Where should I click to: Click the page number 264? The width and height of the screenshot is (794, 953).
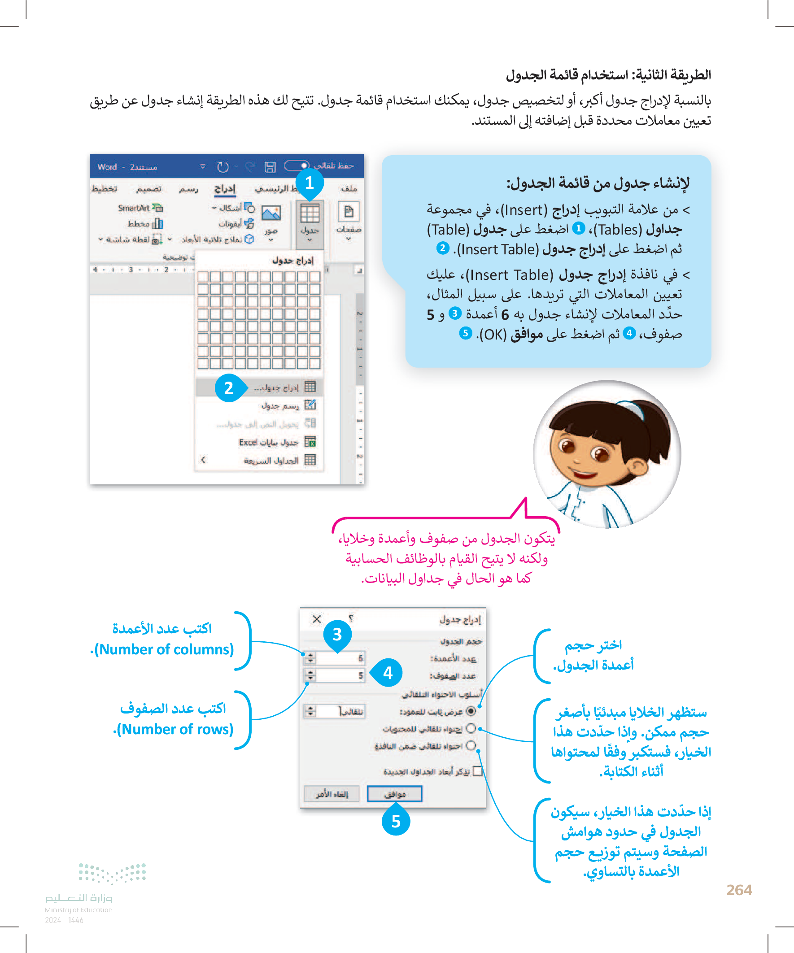pyautogui.click(x=739, y=890)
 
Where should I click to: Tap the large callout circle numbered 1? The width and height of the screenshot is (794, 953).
pyautogui.click(x=310, y=183)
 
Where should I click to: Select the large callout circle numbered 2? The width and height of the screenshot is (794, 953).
pyautogui.click(x=229, y=388)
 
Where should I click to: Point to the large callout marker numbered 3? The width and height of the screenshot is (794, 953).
pyautogui.click(x=337, y=635)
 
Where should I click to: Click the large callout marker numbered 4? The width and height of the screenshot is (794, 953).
pyautogui.click(x=388, y=673)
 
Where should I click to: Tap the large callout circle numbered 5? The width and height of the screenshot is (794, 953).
pyautogui.click(x=396, y=821)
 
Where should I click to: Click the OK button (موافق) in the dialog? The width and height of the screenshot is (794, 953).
pyautogui.click(x=394, y=794)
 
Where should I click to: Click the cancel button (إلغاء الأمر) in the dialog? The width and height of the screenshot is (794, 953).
pyautogui.click(x=332, y=794)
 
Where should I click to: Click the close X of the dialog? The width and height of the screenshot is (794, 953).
pyautogui.click(x=317, y=619)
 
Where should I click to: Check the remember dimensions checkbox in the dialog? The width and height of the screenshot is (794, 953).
pyautogui.click(x=477, y=771)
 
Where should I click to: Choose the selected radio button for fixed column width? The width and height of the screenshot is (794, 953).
pyautogui.click(x=471, y=711)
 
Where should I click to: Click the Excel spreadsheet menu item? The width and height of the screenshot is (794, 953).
pyautogui.click(x=269, y=443)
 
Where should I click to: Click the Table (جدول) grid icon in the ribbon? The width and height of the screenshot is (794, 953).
pyautogui.click(x=310, y=213)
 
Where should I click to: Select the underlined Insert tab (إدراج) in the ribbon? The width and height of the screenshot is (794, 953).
pyautogui.click(x=225, y=189)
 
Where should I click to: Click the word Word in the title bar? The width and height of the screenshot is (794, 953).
pyautogui.click(x=107, y=167)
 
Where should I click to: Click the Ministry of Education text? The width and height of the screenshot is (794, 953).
pyautogui.click(x=79, y=909)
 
